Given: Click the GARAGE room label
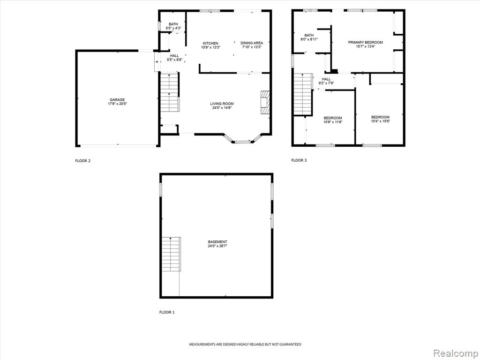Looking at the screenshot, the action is click(x=117, y=100).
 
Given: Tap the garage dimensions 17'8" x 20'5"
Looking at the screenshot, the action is click(x=117, y=104).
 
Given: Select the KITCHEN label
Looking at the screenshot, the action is click(x=210, y=44).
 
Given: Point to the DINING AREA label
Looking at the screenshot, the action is click(x=252, y=43).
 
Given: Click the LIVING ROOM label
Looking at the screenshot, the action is click(x=222, y=104).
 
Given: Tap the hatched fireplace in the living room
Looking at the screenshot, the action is click(x=265, y=102).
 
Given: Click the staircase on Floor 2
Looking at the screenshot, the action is click(x=170, y=92).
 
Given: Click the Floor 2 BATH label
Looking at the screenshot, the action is click(x=173, y=24).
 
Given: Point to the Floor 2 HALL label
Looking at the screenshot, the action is click(x=174, y=56).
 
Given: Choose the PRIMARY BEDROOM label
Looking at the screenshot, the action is click(x=366, y=43).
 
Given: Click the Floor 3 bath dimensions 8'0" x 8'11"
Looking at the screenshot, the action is click(x=309, y=39).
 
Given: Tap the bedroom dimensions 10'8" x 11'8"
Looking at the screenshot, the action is click(x=333, y=122).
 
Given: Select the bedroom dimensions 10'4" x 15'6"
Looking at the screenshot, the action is click(x=381, y=121).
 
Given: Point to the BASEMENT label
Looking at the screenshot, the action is click(x=217, y=242).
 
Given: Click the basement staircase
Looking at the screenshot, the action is click(x=171, y=254).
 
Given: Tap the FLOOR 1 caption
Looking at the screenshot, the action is click(x=167, y=312).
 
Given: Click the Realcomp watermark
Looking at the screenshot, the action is click(x=455, y=353).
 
